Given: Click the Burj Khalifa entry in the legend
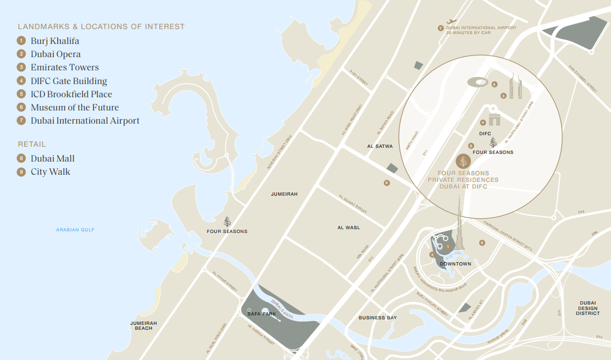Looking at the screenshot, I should point(55,41).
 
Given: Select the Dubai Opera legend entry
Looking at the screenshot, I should point(55,54).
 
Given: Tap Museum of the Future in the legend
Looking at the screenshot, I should point(74,107).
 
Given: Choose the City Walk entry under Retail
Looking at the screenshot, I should point(50,171).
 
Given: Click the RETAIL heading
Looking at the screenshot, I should point(32,144).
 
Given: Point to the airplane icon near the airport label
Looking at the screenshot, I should point(452,22).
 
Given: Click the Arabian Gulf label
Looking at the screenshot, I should point(75,230).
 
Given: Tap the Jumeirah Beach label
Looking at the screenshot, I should point(144,325).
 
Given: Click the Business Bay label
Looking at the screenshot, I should point(377,318).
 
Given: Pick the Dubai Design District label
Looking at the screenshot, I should point(587,308).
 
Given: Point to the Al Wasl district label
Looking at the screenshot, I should point(349,228).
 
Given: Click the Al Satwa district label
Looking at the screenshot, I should point(380,146).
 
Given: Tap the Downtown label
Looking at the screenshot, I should point(456,264).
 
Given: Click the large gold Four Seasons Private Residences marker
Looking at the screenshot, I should point(463,162).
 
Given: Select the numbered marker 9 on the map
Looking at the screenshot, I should point(387,182).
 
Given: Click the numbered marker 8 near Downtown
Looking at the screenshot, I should point(482,242).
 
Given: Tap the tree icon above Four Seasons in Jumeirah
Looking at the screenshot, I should point(227,221).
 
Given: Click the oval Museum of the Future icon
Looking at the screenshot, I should point(477,82).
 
